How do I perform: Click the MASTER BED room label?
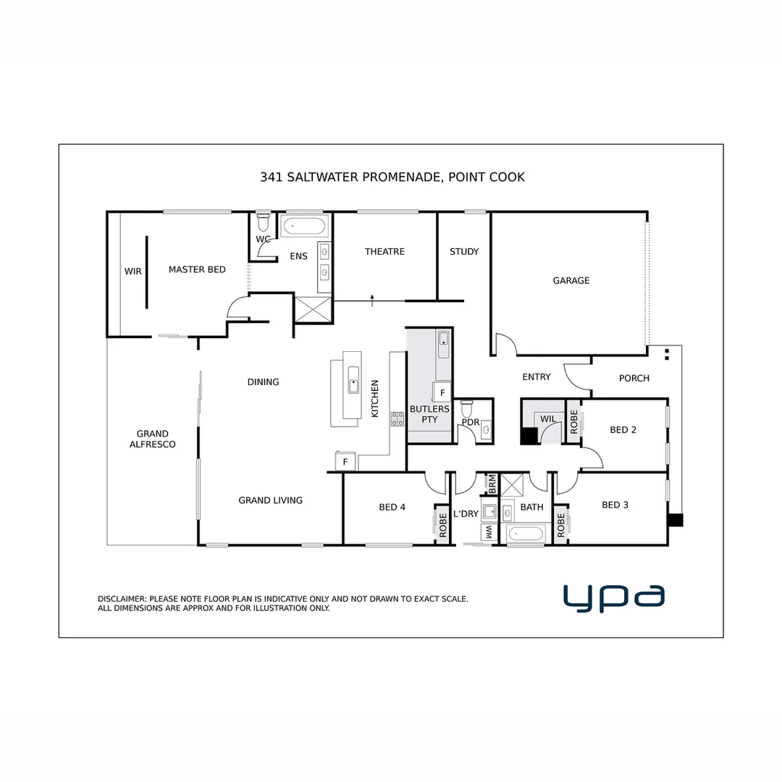point(197,269)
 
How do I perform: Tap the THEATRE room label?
point(384,251)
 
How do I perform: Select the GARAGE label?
point(571,280)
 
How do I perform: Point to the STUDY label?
point(464,251)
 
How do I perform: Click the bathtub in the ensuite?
point(304,225)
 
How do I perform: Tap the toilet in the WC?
point(264,219)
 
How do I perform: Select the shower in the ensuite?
point(313,310)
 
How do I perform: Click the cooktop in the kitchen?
point(398,418)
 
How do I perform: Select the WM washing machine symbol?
point(489,532)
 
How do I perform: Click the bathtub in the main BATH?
point(525,534)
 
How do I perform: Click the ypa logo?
point(613,597)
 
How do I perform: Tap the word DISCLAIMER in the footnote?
point(122,599)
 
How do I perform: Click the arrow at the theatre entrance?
point(372,300)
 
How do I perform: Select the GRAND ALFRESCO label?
point(152,439)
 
